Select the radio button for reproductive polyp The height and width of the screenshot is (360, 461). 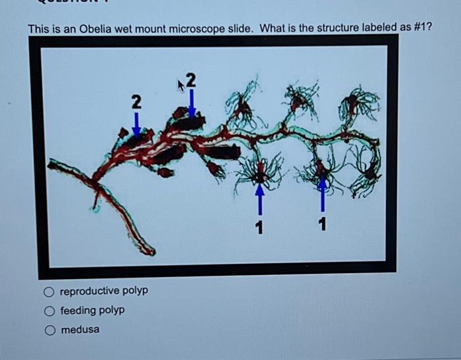tap(49, 291)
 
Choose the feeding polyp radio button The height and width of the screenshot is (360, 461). tap(49, 310)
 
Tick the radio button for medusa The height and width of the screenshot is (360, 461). tap(49, 329)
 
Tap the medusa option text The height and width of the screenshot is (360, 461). tap(80, 329)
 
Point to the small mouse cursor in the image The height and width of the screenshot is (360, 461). tap(180, 84)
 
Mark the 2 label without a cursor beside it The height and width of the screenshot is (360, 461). tap(136, 101)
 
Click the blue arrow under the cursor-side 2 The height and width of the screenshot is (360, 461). tap(191, 103)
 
